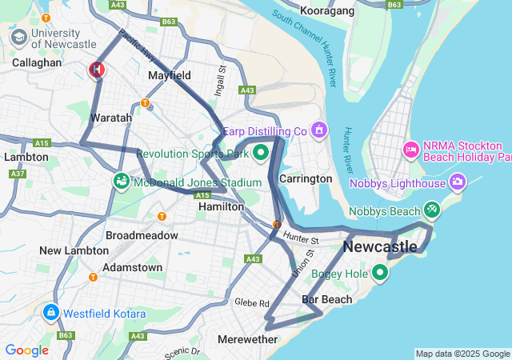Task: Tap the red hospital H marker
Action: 97,70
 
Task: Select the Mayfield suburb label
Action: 170,76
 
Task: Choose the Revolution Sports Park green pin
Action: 260,154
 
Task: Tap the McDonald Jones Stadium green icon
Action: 122,182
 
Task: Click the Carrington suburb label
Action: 306,178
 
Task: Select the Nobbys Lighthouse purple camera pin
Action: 458,182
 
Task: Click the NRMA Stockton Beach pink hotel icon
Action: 411,150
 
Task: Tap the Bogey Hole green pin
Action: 379,274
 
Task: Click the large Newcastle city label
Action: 380,247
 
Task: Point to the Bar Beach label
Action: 326,299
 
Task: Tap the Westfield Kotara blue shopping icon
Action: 50,311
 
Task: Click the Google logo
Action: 27,350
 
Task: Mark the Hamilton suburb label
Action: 222,206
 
